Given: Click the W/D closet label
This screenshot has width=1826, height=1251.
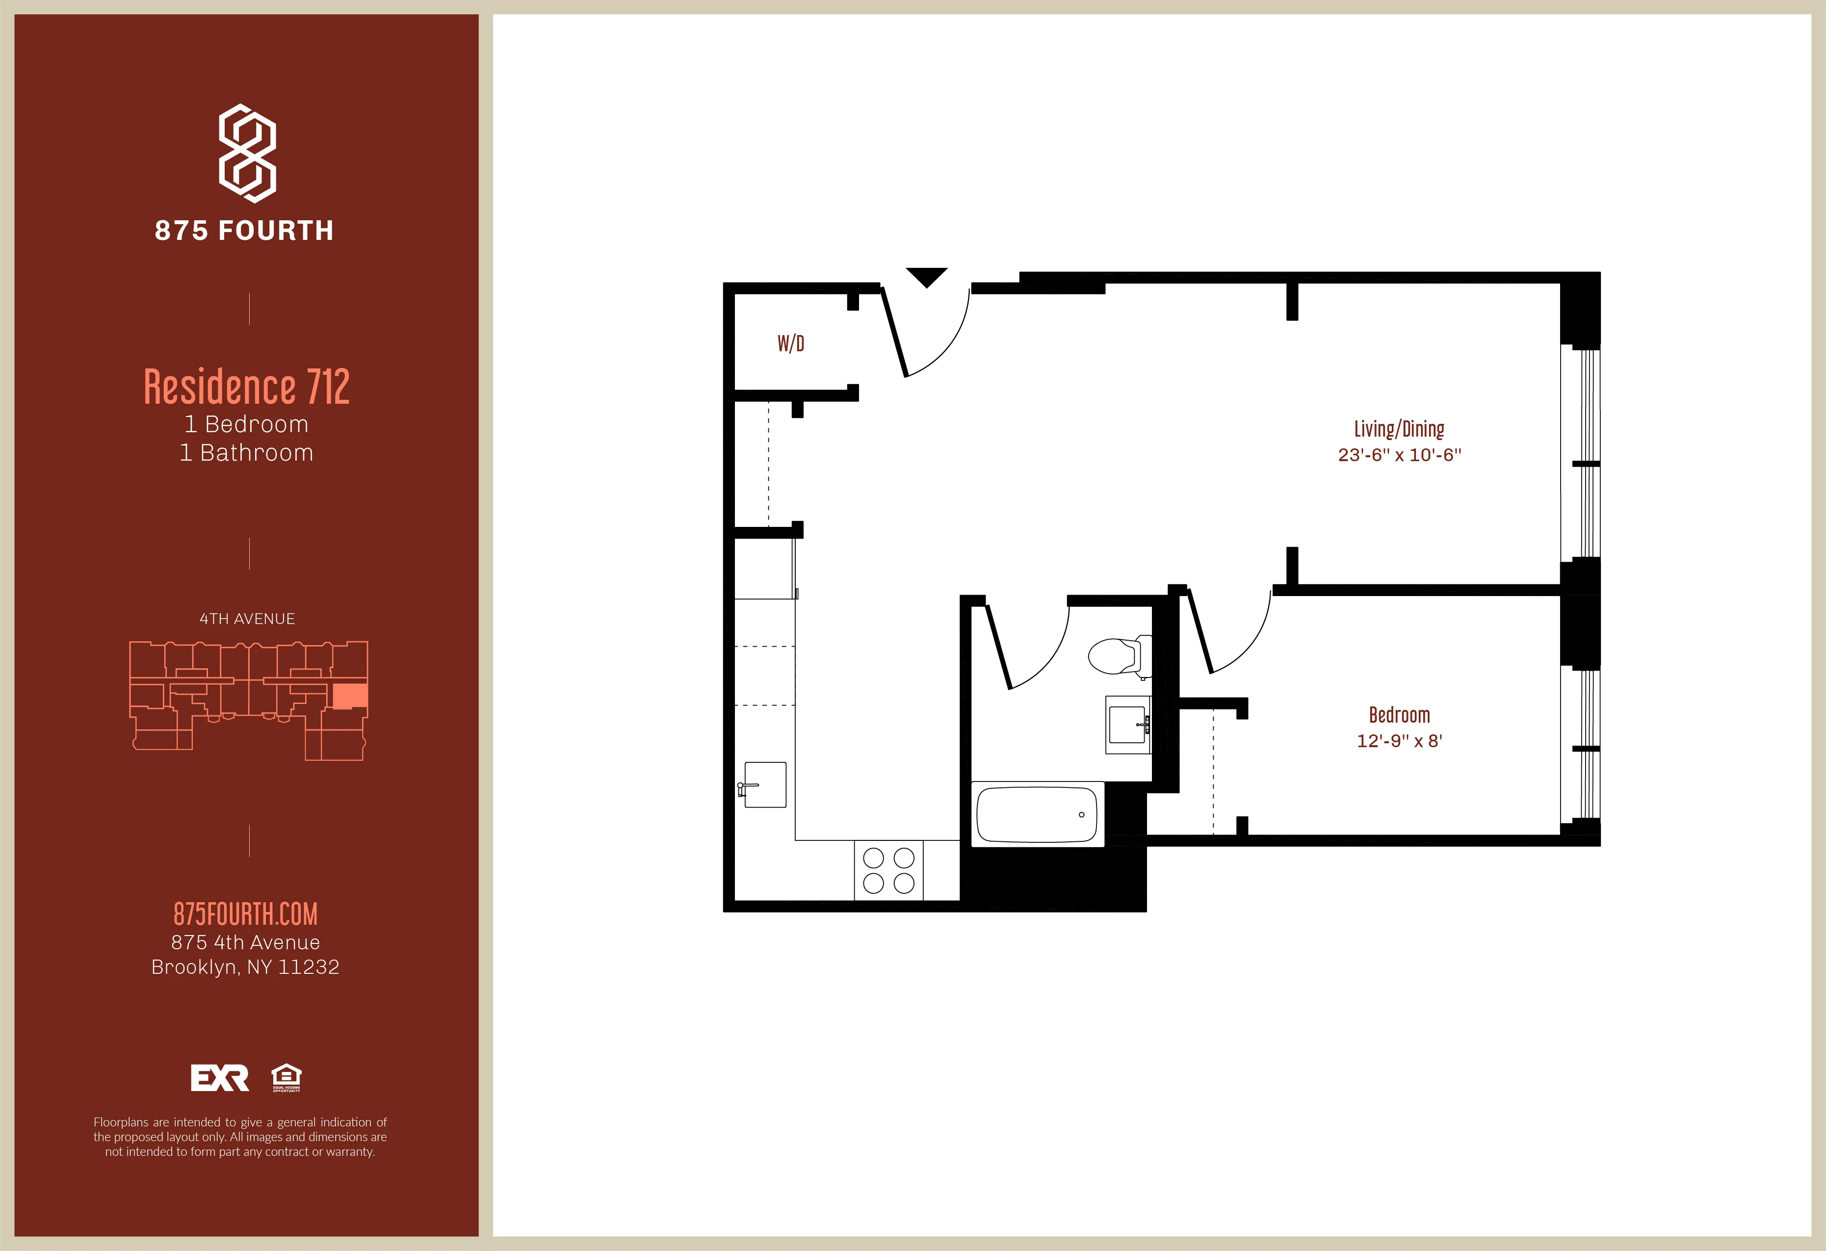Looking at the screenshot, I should (790, 343).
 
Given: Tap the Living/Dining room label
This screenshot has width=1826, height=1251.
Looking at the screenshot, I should (1399, 429).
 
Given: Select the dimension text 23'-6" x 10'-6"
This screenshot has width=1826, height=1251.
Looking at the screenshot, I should (1399, 455).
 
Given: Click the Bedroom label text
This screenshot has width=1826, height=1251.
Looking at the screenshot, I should (1399, 715).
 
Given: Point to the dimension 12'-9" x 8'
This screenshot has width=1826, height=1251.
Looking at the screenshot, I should (1399, 741).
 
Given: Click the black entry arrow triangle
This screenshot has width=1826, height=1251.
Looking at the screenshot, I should (926, 277).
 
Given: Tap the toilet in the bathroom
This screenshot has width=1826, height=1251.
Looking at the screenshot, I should (1116, 656).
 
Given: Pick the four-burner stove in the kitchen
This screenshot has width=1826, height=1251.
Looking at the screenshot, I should (888, 870).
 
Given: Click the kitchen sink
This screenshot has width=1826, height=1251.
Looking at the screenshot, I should (764, 784).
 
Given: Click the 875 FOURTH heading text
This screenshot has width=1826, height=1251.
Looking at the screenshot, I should (244, 230).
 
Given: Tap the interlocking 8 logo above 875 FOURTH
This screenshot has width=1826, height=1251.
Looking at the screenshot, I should (247, 153).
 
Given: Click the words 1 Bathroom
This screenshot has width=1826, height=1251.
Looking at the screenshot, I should (247, 453).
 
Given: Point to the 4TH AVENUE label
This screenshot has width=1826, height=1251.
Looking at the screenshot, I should (247, 619).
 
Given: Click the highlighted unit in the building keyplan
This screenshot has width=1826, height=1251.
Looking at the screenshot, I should (350, 696).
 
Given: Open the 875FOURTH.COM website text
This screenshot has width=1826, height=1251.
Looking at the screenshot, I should (245, 914).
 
